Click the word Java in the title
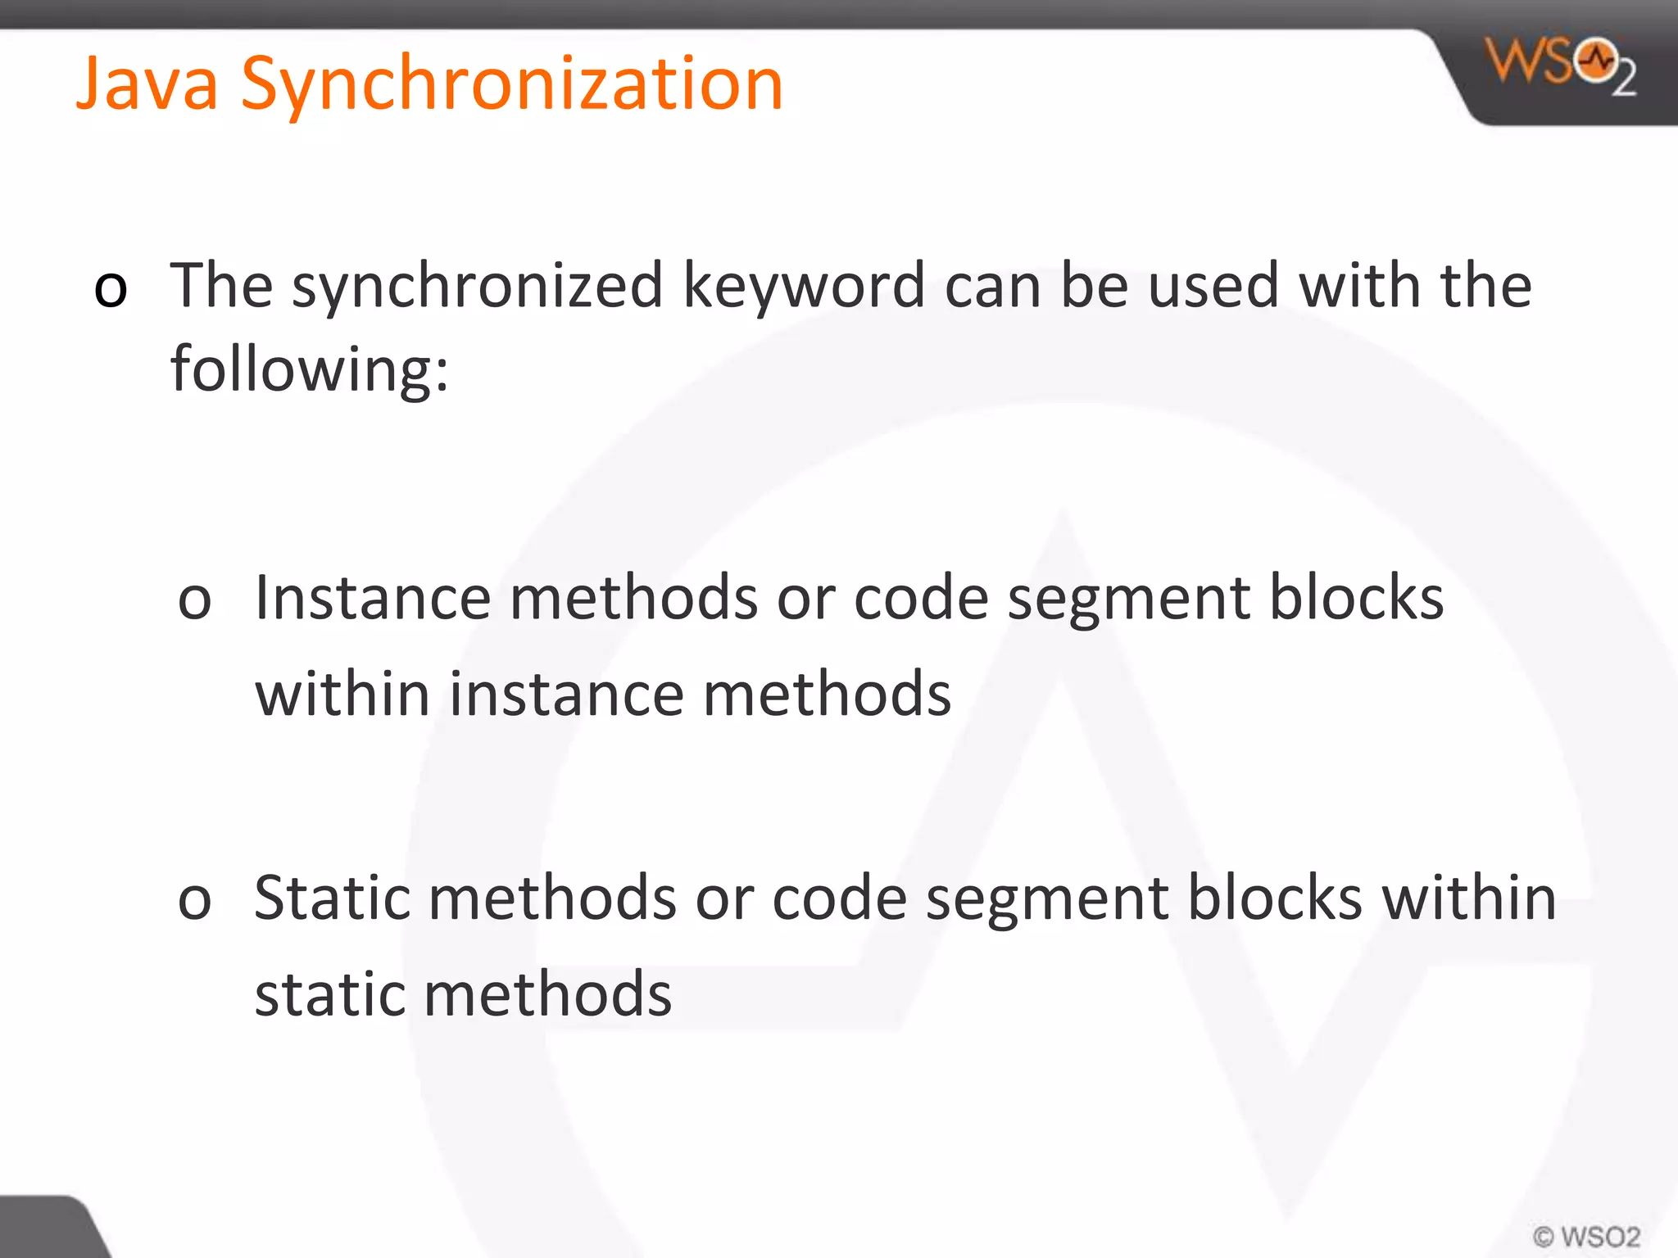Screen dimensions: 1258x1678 coord(147,84)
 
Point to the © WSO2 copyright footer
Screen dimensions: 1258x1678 coord(1586,1236)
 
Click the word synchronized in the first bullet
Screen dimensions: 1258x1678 coord(477,287)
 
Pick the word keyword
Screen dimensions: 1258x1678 coord(804,287)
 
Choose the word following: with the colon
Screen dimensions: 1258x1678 coord(310,370)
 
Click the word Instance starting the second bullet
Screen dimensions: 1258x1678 coord(373,598)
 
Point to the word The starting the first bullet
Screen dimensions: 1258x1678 coord(221,287)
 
